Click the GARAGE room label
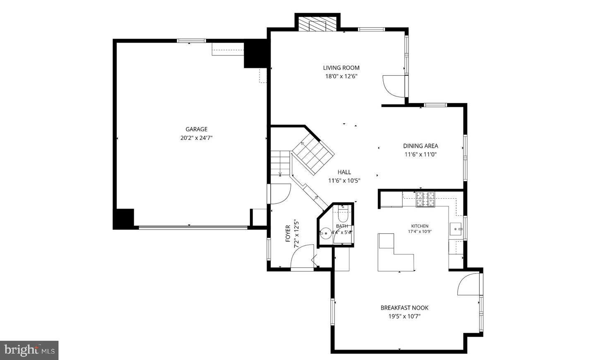tap(196, 130)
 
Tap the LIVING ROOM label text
tap(341, 68)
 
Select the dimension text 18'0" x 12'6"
tap(341, 77)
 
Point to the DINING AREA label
tap(421, 146)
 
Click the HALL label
tap(344, 172)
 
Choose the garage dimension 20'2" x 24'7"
tap(196, 138)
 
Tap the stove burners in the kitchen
tap(425, 199)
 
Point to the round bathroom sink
tap(326, 233)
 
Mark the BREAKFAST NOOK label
tap(404, 308)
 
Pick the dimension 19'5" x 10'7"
tap(404, 317)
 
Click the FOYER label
tap(288, 234)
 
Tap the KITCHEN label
tap(420, 226)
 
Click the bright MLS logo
tap(29, 350)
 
